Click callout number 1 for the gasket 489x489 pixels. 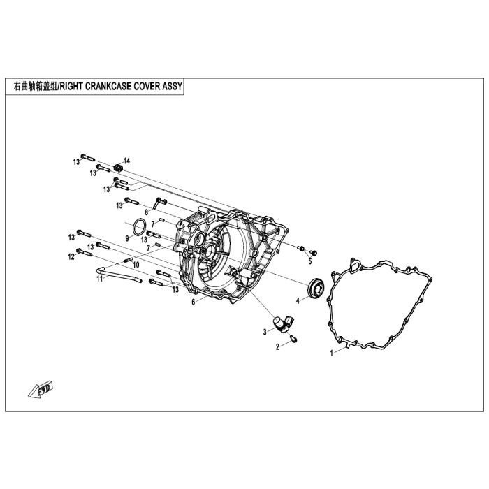tap(331, 353)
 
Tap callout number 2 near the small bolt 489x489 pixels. tap(278, 346)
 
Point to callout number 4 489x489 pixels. tap(297, 300)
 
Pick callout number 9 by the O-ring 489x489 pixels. tap(127, 238)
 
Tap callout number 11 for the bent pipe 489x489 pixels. tap(100, 279)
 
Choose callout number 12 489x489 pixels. tap(71, 258)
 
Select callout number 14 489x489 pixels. tap(127, 161)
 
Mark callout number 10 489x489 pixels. tap(136, 265)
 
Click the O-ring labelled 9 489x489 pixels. tap(140, 226)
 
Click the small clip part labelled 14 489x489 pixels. tap(118, 167)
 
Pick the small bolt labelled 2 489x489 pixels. tap(293, 339)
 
